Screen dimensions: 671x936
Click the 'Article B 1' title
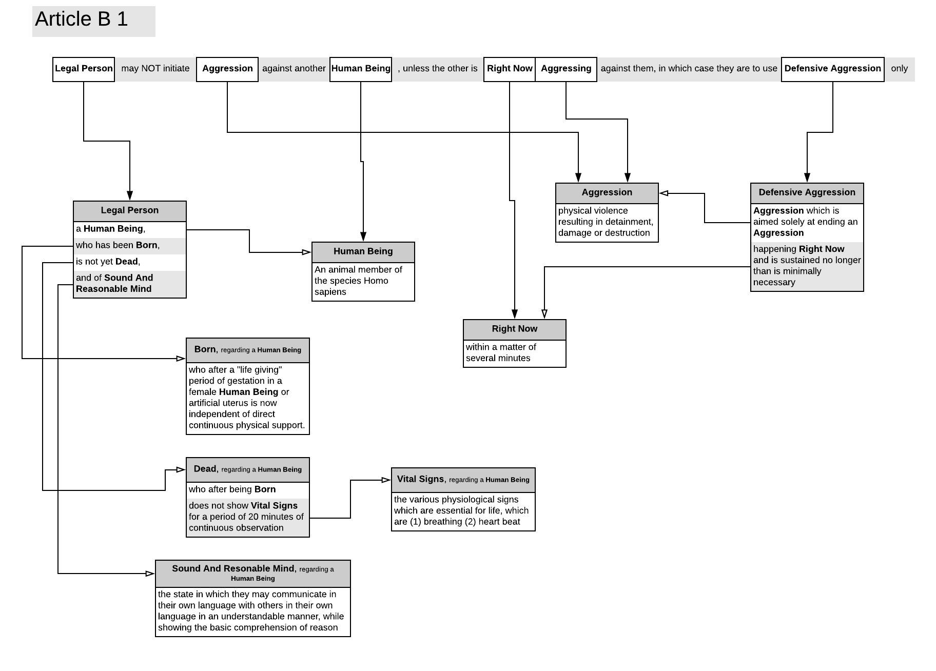(82, 19)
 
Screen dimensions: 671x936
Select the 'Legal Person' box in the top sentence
(84, 69)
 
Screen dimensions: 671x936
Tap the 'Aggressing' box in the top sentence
(565, 69)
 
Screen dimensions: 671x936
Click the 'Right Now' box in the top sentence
(509, 69)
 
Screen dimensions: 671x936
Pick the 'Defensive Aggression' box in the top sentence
(832, 69)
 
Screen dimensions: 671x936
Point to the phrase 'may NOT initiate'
(155, 69)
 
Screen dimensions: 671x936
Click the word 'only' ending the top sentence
(899, 69)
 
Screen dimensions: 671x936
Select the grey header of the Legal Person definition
(129, 210)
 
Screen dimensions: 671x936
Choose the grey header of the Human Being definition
(363, 251)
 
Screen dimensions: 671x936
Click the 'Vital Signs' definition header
(463, 479)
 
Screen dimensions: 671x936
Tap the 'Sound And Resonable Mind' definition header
(252, 573)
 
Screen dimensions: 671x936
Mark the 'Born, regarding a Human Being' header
(247, 350)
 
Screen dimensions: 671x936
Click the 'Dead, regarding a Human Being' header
(247, 469)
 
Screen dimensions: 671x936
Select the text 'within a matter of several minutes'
(500, 353)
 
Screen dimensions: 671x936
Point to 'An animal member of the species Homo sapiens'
(358, 281)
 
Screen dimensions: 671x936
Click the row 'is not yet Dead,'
(108, 262)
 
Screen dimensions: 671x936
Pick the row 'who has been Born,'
(118, 245)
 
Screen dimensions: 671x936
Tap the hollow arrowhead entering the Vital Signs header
(386, 480)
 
